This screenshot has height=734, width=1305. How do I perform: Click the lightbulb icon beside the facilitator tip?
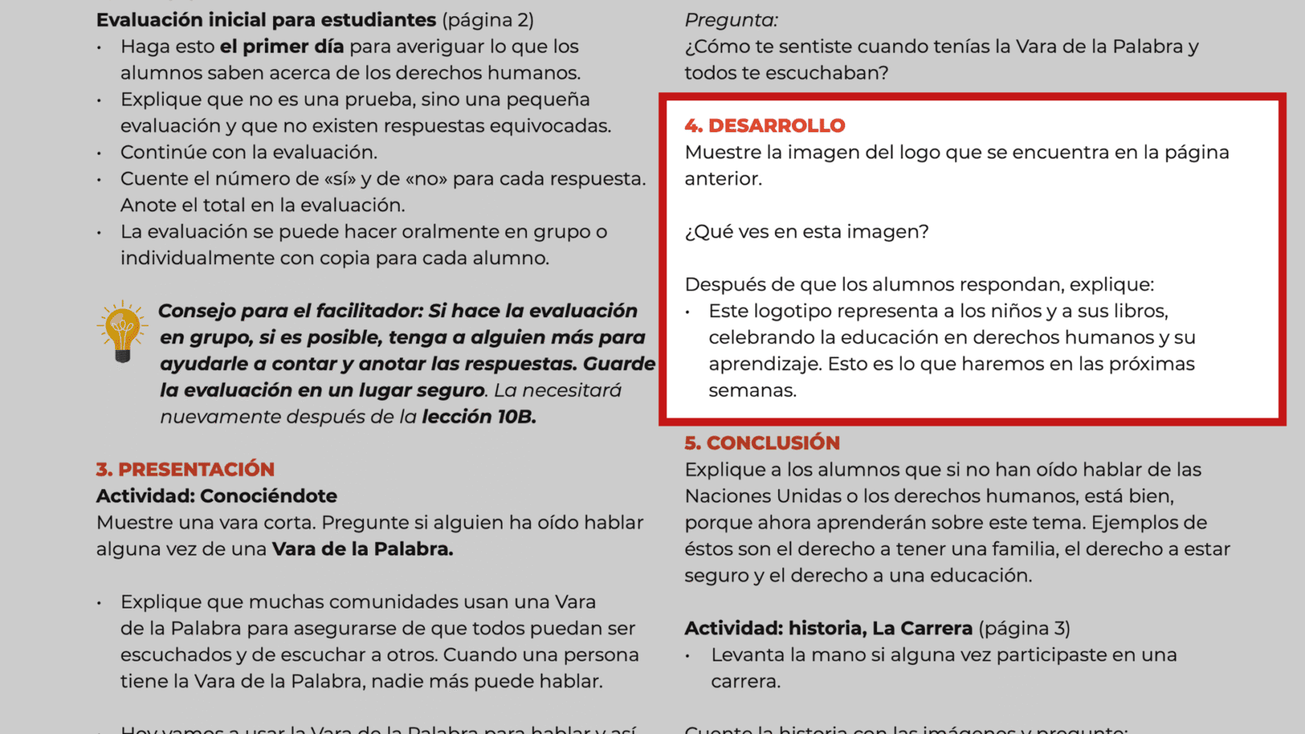click(x=122, y=331)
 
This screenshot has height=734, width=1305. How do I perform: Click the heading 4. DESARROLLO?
click(x=764, y=126)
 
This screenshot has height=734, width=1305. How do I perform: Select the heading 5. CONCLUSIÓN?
click(x=762, y=443)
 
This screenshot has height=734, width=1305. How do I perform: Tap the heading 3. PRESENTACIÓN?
click(x=185, y=469)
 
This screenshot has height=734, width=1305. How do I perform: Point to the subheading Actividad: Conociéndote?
click(x=216, y=496)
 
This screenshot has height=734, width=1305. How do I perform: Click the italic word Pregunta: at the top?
click(x=731, y=20)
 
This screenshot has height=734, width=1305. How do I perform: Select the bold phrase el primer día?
click(x=281, y=46)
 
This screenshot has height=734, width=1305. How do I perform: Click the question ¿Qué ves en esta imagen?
click(x=806, y=232)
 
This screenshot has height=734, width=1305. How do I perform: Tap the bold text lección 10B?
click(x=479, y=417)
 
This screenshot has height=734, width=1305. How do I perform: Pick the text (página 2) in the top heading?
click(x=488, y=20)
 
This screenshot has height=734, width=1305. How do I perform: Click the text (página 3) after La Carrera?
click(x=1024, y=628)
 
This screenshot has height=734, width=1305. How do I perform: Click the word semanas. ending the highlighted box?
click(x=752, y=390)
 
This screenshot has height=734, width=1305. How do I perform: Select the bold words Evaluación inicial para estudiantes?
click(x=266, y=20)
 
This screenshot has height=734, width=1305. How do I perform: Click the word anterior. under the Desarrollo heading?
click(x=723, y=179)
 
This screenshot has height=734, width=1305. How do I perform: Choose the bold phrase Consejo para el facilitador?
click(x=290, y=311)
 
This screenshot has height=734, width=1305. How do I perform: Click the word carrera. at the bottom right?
click(x=745, y=681)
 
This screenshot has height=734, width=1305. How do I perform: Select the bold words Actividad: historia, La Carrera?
click(x=828, y=628)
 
